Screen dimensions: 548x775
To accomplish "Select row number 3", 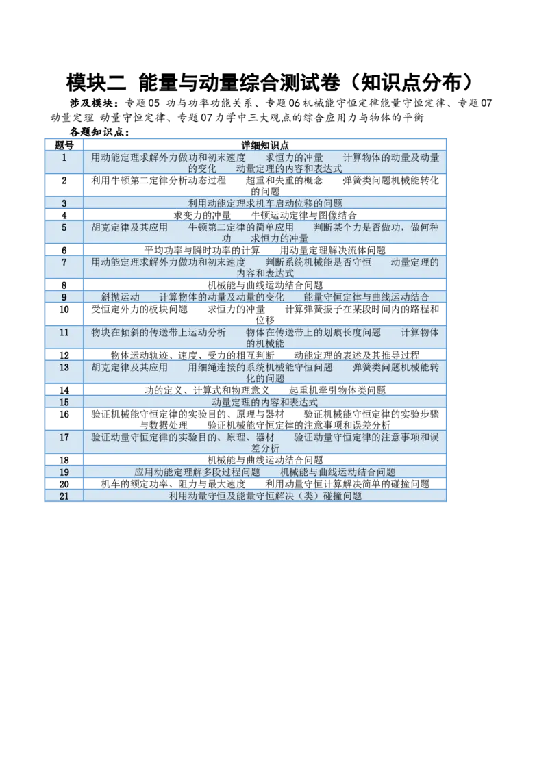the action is pos(64,203).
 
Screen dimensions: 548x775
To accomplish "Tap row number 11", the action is pos(64,333).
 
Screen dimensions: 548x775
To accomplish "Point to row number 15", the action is pos(64,403).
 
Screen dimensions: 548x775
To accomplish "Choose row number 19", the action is pos(64,472).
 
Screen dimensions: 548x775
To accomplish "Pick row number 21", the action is pos(64,497).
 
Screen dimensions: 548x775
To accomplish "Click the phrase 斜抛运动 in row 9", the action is pos(120,297).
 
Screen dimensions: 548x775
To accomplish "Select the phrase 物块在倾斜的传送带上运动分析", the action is pos(158,333).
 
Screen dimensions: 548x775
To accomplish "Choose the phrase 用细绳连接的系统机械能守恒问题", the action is pos(260,368).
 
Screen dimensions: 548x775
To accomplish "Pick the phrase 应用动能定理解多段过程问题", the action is pos(197,472).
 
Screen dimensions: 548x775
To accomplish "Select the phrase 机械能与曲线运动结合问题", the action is pos(338,472).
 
